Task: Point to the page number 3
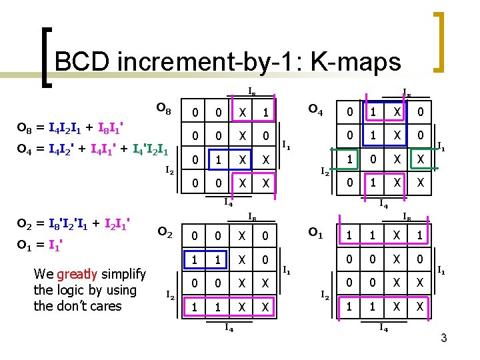point(443,340)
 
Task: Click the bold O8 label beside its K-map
point(163,108)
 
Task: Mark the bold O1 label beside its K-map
point(315,233)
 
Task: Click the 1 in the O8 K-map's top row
point(265,113)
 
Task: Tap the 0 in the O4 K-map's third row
point(375,160)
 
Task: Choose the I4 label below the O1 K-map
point(383,327)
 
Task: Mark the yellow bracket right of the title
point(439,41)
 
